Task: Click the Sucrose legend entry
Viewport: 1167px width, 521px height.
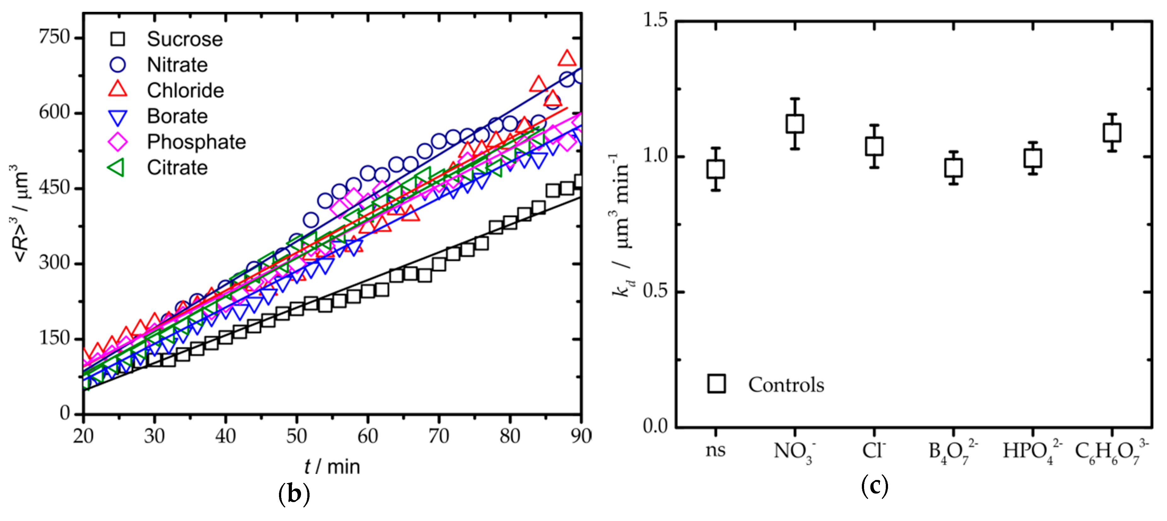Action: click(184, 39)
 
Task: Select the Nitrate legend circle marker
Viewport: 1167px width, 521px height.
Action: click(118, 64)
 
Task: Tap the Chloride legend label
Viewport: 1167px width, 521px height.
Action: click(185, 90)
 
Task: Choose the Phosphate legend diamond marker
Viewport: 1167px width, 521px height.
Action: click(118, 142)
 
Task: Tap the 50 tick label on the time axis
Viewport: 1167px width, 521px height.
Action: click(296, 436)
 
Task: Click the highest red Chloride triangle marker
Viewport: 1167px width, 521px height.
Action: click(567, 58)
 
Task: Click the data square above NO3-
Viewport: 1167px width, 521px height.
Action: click(795, 123)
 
